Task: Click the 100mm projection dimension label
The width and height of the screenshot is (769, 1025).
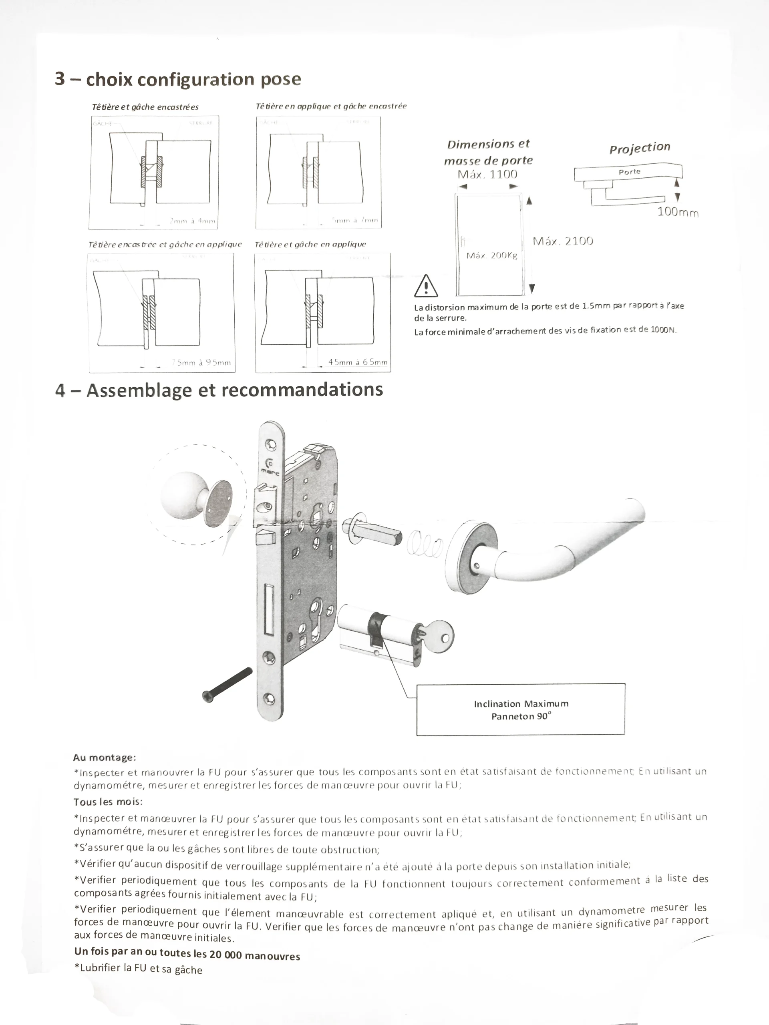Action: tap(678, 212)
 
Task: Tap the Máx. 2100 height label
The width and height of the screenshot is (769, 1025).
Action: tap(563, 241)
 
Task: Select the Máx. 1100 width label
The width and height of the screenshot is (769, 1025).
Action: tap(487, 174)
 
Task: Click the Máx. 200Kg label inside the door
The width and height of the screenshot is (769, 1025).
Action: tap(491, 255)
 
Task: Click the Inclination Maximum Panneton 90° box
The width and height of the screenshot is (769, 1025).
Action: tap(521, 709)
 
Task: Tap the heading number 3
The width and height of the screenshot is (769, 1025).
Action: tap(60, 79)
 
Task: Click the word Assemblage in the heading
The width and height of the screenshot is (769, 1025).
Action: tap(139, 390)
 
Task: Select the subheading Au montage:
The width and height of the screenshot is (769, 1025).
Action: tap(104, 757)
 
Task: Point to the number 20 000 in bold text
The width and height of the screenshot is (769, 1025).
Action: tap(226, 955)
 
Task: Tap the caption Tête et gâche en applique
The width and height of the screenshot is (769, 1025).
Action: tap(310, 244)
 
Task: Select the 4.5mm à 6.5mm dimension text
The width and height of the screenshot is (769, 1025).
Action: tap(357, 362)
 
